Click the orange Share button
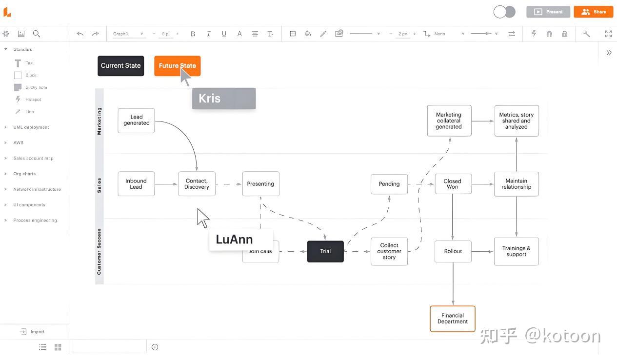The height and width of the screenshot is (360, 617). pos(593,12)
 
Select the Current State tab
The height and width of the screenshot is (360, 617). pos(120,66)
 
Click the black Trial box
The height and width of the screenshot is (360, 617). pos(325,251)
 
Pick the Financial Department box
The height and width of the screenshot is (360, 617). pos(452,319)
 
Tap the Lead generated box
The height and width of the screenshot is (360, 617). pos(136,120)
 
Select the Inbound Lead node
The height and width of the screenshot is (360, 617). pos(136,184)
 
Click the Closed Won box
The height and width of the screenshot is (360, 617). pos(453,184)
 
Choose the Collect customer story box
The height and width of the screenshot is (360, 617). pos(389,252)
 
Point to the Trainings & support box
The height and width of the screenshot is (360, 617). pos(516,252)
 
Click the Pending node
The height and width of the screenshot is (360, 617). pos(389,184)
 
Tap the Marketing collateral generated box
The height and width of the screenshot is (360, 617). pos(449,120)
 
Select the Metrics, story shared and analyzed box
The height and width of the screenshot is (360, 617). pos(516,120)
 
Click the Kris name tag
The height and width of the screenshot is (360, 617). pos(223,99)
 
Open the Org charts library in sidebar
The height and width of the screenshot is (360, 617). pos(24,174)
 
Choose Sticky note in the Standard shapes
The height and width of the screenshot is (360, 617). pos(36,87)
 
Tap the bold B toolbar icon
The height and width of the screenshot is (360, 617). pos(193,34)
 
